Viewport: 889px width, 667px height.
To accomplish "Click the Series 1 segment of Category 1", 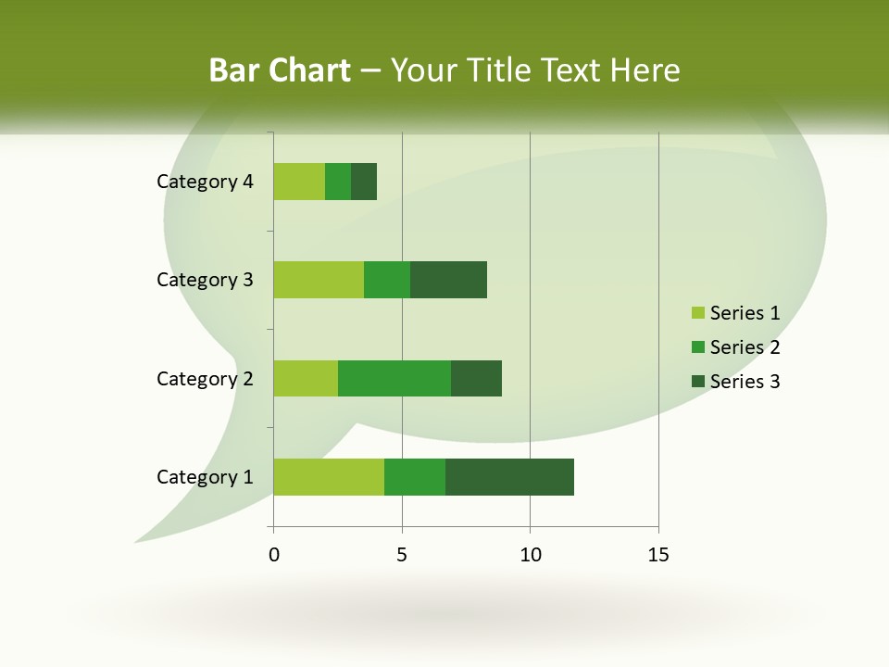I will pyautogui.click(x=329, y=477).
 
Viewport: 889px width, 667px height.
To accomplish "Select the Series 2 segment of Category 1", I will pyautogui.click(x=415, y=477).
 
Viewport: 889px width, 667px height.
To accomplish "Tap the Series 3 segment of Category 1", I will pyautogui.click(x=509, y=477).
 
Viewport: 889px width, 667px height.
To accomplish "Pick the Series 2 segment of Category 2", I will pyautogui.click(x=394, y=378).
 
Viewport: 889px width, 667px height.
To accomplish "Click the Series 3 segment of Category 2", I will pyautogui.click(x=476, y=378).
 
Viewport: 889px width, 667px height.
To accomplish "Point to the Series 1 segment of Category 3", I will pyautogui.click(x=319, y=280).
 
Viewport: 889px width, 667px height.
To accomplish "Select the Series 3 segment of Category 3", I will pyautogui.click(x=448, y=280).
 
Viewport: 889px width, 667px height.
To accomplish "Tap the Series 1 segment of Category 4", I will pyautogui.click(x=299, y=182).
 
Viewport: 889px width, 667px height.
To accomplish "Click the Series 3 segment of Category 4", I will pyautogui.click(x=364, y=182).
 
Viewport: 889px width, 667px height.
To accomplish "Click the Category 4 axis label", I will pyautogui.click(x=205, y=182).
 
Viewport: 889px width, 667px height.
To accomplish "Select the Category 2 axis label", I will pyautogui.click(x=205, y=378).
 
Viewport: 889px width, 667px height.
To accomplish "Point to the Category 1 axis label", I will pyautogui.click(x=205, y=477).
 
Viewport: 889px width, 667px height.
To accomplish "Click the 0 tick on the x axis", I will pyautogui.click(x=274, y=555).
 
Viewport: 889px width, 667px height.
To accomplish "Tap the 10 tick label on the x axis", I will pyautogui.click(x=530, y=555).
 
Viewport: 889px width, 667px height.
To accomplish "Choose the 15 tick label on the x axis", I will pyautogui.click(x=658, y=555).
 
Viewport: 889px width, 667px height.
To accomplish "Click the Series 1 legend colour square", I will pyautogui.click(x=697, y=313).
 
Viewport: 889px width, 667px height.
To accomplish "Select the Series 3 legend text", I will pyautogui.click(x=745, y=382).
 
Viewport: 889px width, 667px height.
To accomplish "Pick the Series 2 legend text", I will pyautogui.click(x=745, y=347).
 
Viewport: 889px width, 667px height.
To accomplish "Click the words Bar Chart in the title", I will pyautogui.click(x=280, y=70).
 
